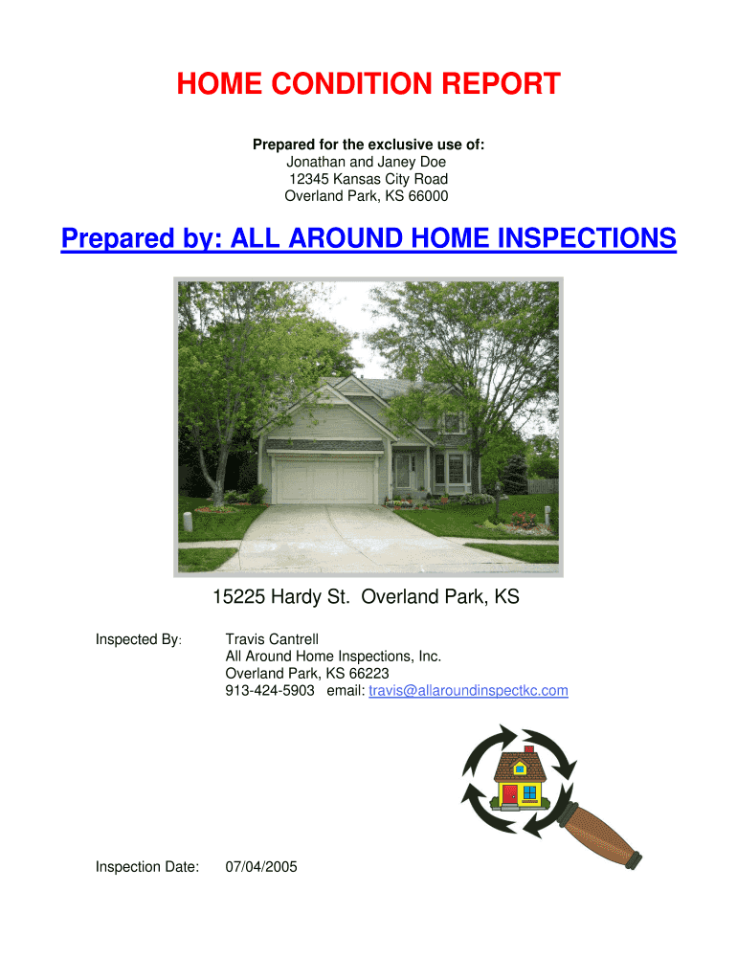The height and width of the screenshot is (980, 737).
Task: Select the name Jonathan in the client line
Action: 315,162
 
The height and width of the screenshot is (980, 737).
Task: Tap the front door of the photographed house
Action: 401,471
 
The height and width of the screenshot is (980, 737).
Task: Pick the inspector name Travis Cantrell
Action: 272,639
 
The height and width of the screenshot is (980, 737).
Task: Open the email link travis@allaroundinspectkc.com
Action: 468,691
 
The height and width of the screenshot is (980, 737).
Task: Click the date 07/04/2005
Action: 261,867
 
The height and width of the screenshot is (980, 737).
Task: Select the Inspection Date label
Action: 147,867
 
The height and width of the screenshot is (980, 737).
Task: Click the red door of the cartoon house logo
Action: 509,793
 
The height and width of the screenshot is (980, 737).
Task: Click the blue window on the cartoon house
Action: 529,792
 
